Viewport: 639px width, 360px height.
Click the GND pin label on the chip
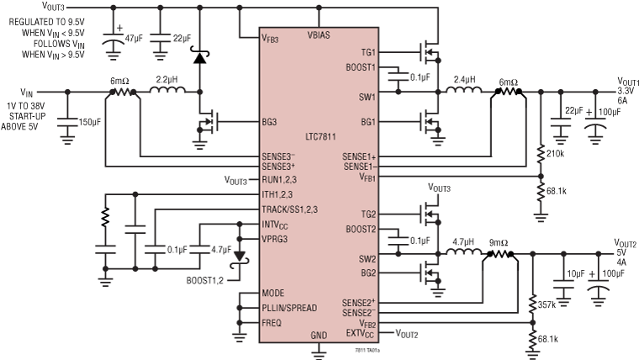pyautogui.click(x=319, y=335)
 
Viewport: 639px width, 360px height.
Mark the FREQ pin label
pyautogui.click(x=272, y=321)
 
